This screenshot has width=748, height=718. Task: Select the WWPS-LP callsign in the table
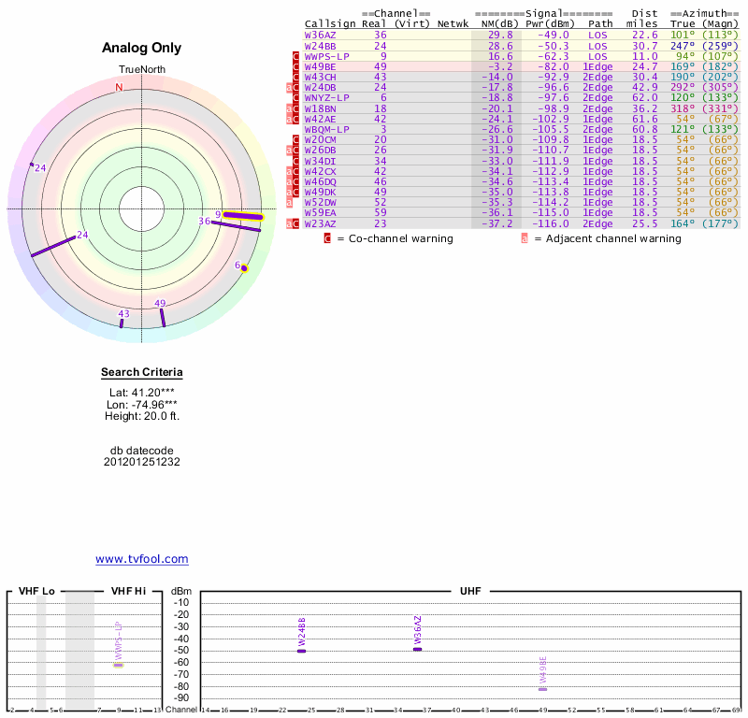[x=327, y=56]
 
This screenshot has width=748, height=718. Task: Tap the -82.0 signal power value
[x=552, y=66]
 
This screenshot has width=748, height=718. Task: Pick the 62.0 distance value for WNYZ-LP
[x=644, y=97]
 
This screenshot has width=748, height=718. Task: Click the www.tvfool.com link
[x=142, y=559]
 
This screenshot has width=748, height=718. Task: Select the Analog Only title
[x=142, y=48]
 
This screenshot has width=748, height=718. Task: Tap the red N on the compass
[x=119, y=88]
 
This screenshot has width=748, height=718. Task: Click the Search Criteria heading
[x=142, y=373]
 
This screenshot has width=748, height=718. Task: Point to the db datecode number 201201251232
[x=142, y=462]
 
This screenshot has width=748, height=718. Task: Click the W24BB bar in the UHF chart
[x=301, y=650]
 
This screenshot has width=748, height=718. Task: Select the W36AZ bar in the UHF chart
[x=418, y=649]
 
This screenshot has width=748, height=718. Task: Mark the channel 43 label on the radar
[x=124, y=313]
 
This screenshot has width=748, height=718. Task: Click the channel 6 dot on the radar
[x=245, y=268]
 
